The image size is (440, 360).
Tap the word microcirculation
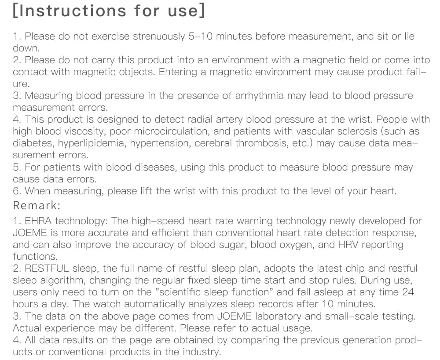[168, 131]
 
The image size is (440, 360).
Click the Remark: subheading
[37, 205]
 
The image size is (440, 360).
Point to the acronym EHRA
[38, 221]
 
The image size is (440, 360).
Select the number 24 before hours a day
[408, 292]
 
